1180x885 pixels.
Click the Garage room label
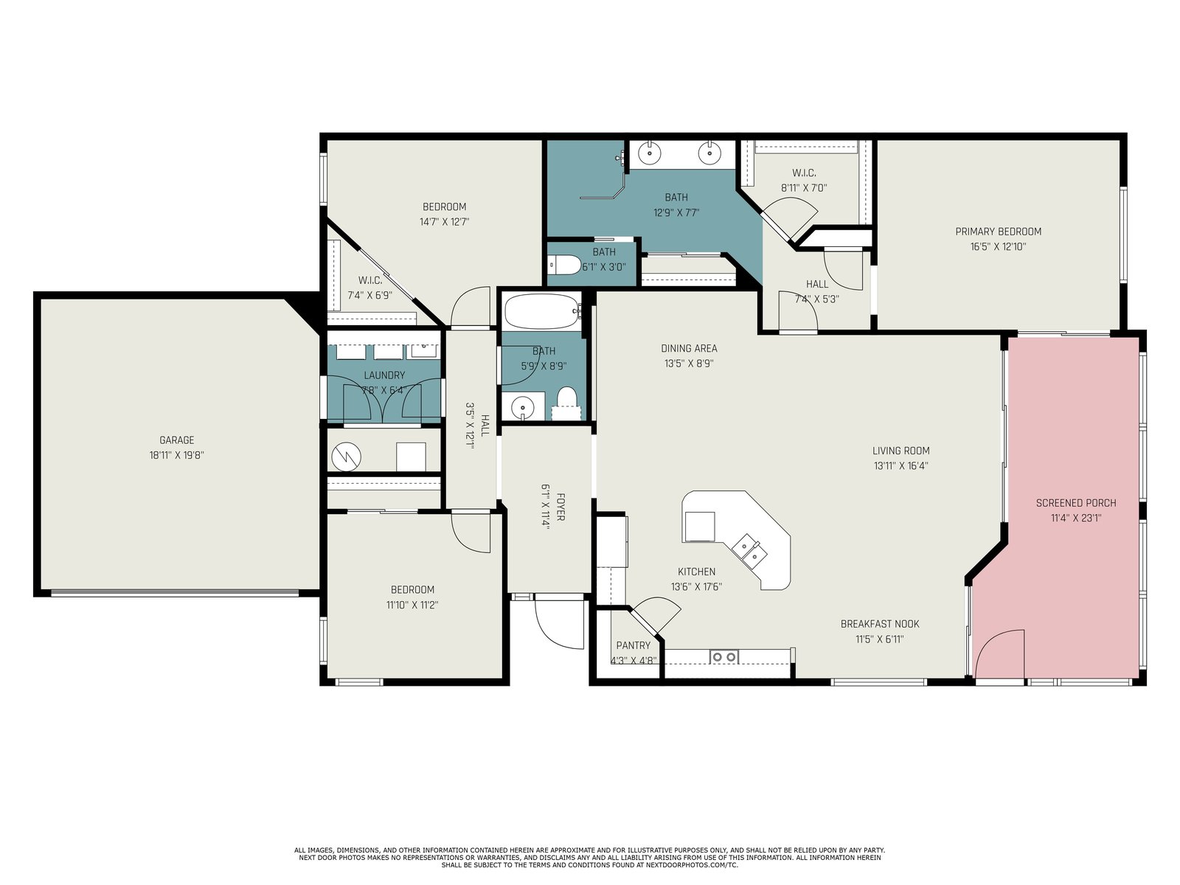click(177, 440)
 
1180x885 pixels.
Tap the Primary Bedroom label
click(999, 232)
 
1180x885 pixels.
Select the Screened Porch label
click(1076, 503)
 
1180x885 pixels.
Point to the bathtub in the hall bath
click(542, 311)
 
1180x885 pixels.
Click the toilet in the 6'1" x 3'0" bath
click(564, 264)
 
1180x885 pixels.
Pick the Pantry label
click(634, 645)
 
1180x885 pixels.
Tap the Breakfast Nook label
click(880, 624)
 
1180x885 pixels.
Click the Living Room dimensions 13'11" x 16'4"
click(901, 466)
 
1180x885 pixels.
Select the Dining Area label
click(689, 348)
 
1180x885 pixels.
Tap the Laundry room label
click(384, 375)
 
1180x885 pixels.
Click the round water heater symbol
click(346, 457)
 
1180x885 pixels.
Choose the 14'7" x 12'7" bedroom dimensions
click(445, 221)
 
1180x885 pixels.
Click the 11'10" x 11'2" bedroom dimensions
click(412, 605)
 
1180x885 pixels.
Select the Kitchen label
click(697, 572)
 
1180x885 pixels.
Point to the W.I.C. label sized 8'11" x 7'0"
click(804, 173)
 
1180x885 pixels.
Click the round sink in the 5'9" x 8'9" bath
click(522, 407)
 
